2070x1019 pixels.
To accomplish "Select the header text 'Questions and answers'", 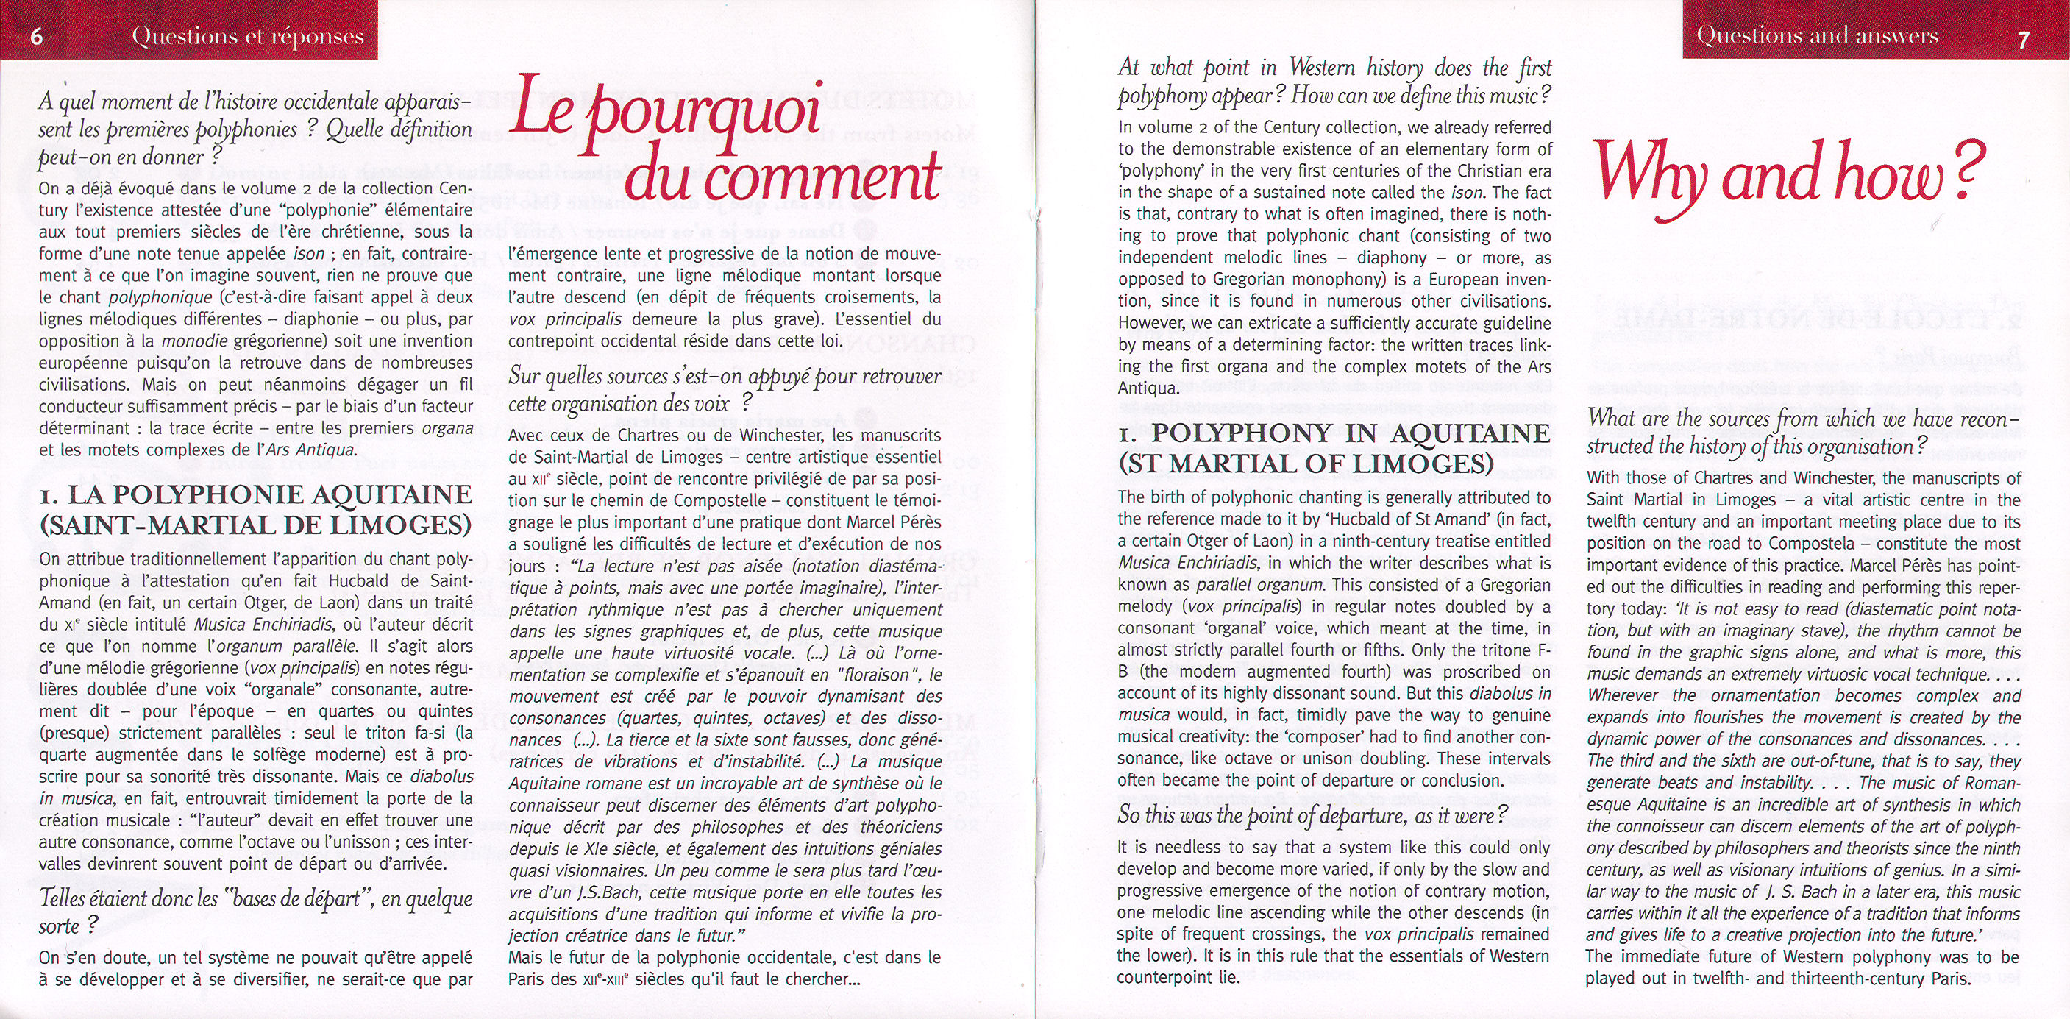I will [x=1818, y=35].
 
